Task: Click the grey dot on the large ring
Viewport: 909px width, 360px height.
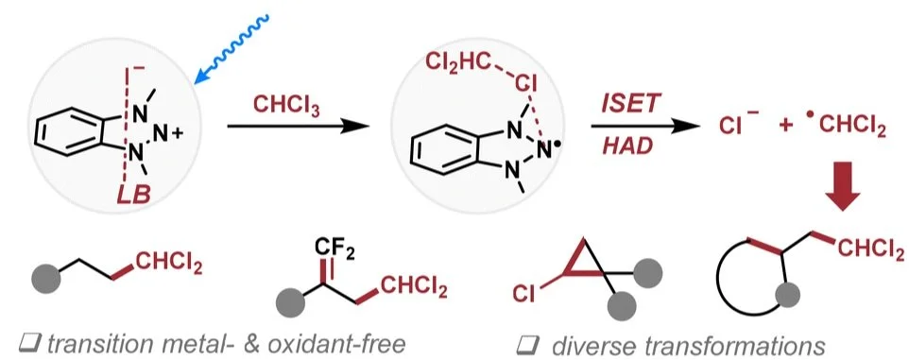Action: [x=787, y=295]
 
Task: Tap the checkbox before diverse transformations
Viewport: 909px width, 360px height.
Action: [x=526, y=346]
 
